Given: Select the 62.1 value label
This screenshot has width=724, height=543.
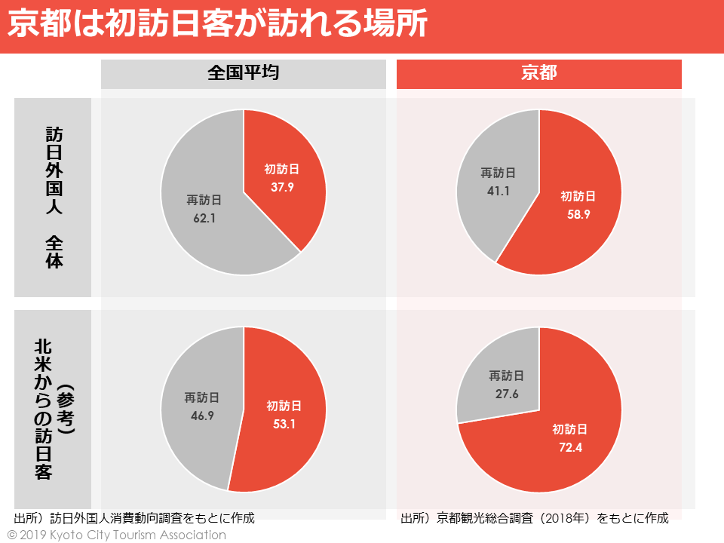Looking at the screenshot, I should [x=204, y=219].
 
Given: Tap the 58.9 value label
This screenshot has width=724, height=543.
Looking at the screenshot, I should [x=578, y=215].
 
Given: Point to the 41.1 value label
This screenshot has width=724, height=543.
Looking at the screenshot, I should [x=499, y=191].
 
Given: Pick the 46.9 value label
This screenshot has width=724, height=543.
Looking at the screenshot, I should [x=203, y=416].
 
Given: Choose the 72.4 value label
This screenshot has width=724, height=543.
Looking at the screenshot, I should [x=569, y=448].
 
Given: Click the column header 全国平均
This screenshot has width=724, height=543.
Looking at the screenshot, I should [x=244, y=73].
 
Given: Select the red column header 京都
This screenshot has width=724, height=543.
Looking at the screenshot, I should [x=539, y=73].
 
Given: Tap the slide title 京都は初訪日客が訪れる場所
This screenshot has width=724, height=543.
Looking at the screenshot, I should [x=218, y=26].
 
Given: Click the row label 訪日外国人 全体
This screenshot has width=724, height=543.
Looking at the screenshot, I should [x=54, y=198].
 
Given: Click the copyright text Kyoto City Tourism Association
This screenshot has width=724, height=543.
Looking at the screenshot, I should [x=117, y=535].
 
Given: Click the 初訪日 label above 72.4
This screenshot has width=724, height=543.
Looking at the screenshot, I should [x=569, y=430].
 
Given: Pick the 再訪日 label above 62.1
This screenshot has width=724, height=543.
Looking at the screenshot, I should [x=204, y=201].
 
